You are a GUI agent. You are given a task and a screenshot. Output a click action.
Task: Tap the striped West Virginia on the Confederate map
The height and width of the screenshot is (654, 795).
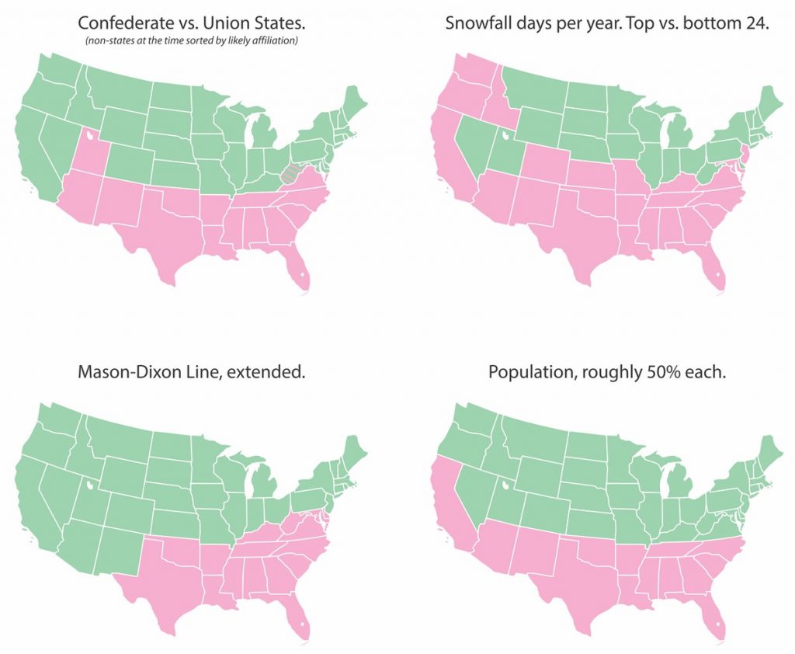coord(291,172)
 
